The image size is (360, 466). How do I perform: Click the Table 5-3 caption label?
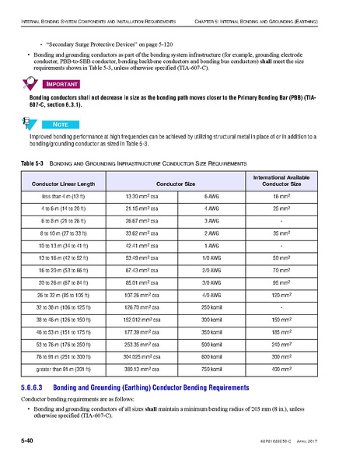pos(31,165)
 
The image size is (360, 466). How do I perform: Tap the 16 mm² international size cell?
pos(297,198)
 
